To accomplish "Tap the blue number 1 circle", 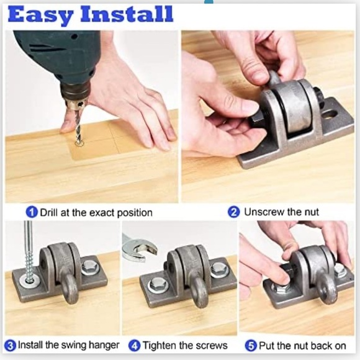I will [x=32, y=212].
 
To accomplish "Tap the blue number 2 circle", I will [x=234, y=212].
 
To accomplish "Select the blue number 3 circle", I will [x=10, y=345].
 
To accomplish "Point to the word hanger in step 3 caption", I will [x=94, y=345].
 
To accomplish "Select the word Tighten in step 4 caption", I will [x=161, y=345].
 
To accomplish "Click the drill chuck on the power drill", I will [x=76, y=99].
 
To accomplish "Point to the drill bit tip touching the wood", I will [x=79, y=143].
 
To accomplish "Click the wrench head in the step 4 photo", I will [x=135, y=246].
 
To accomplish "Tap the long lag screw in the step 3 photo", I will [x=29, y=248].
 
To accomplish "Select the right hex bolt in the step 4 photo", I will [x=218, y=269].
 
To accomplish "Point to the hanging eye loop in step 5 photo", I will [x=327, y=289].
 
